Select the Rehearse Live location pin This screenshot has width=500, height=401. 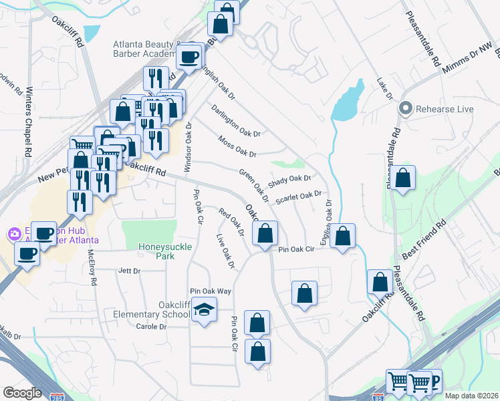pyautogui.click(x=405, y=109)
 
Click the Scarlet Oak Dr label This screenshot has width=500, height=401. pyautogui.click(x=298, y=196)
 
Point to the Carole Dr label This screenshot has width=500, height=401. pyautogui.click(x=151, y=326)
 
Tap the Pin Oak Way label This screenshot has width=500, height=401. pyautogui.click(x=210, y=291)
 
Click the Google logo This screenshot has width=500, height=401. pyautogui.click(x=22, y=393)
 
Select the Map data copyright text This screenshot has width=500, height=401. pyautogui.click(x=471, y=396)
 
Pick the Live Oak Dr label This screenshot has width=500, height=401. pyautogui.click(x=226, y=251)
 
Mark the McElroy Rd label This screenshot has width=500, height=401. pyautogui.click(x=92, y=267)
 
